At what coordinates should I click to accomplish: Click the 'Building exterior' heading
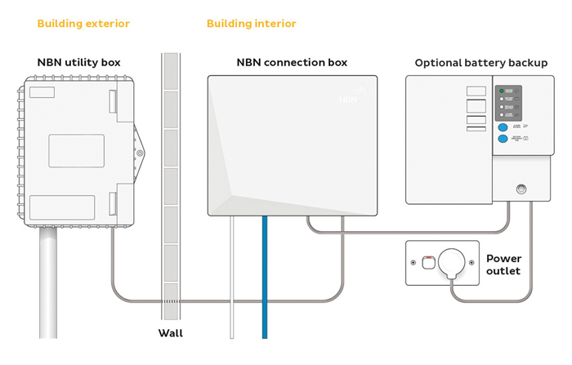83,24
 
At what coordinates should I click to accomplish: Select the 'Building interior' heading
252,24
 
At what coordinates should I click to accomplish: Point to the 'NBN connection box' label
292,62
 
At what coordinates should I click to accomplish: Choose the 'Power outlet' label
503,265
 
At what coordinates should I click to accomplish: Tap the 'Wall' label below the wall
171,332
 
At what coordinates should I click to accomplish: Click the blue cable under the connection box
265,278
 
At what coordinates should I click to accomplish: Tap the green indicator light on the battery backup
503,90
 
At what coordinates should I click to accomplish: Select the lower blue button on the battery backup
503,139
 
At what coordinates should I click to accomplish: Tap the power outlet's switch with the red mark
427,263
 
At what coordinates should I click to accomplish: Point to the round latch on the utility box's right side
141,153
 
